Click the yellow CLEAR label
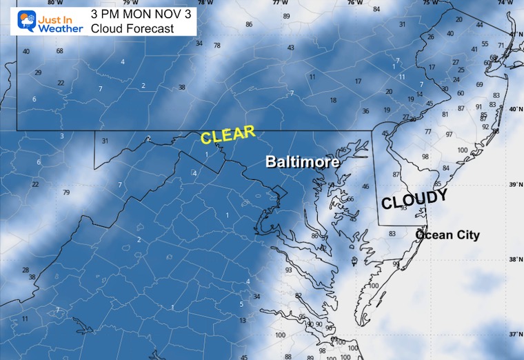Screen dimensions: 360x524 pos(228,134)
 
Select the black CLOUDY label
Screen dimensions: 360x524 pos(414,200)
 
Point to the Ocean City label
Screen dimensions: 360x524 pos(447,235)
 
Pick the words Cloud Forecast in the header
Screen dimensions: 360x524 pos(132,28)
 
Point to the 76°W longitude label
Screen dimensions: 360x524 pos(354,2)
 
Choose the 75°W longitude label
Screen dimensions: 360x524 pos(429,2)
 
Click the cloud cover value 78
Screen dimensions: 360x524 pos(216,46)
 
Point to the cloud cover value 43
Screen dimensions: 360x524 pos(291,48)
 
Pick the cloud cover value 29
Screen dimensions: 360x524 pos(38,72)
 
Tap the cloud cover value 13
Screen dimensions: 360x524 pos(242,321)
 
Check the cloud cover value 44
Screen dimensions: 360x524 pos(479,25)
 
